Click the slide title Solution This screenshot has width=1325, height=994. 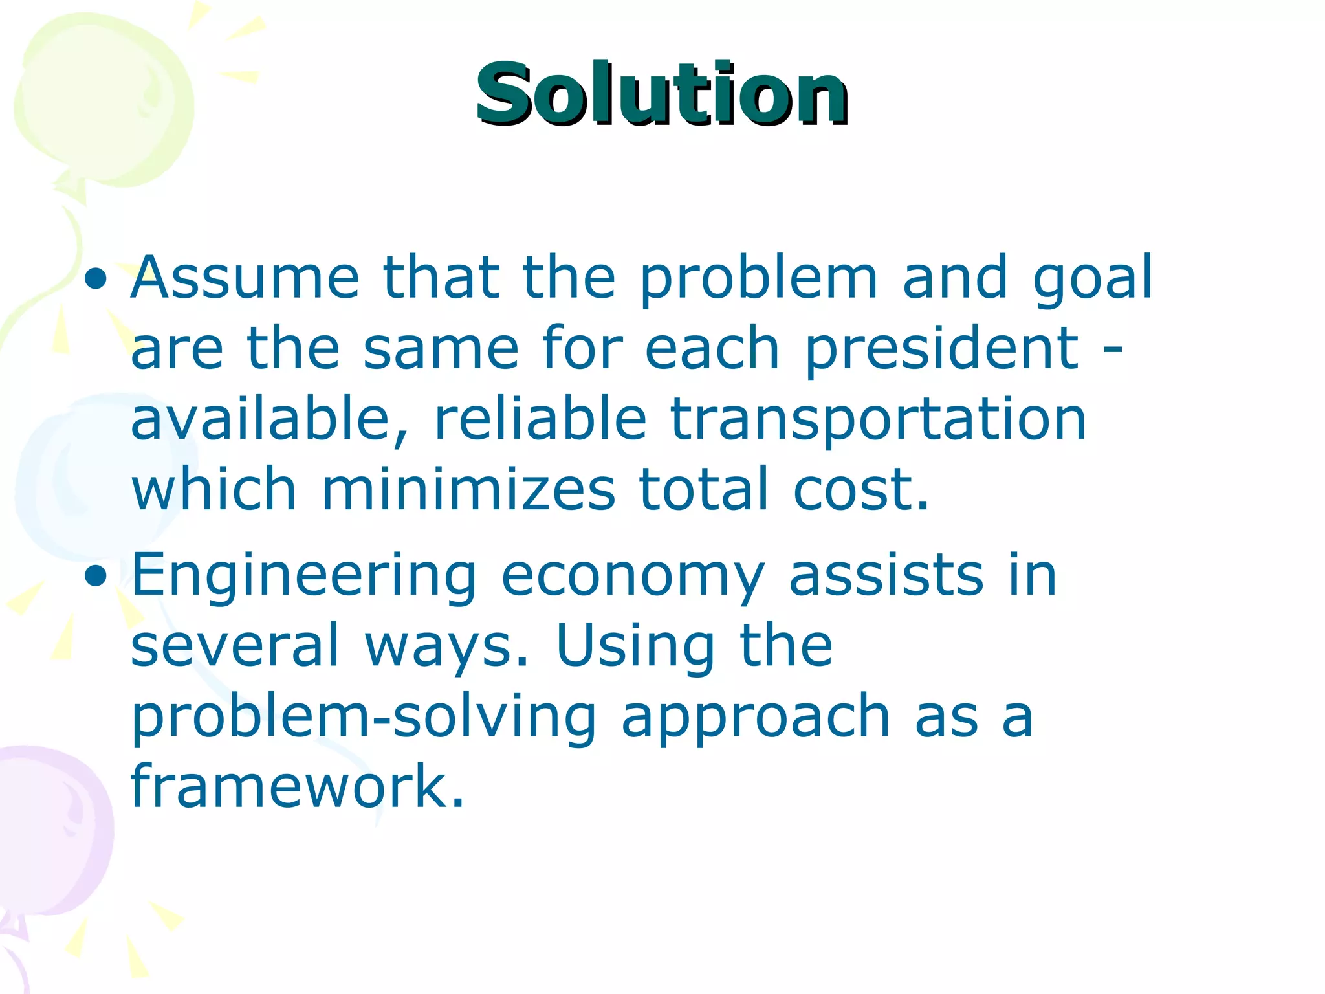tap(661, 94)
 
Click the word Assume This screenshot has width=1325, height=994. tap(245, 278)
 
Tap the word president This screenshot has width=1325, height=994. tap(941, 349)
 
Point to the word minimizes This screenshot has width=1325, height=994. tap(468, 489)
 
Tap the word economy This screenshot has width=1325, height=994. tap(633, 576)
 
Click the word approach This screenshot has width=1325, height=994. tap(756, 718)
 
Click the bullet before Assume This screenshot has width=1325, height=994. tap(96, 279)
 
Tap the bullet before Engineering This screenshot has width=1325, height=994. tap(96, 575)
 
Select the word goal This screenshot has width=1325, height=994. tap(1092, 279)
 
